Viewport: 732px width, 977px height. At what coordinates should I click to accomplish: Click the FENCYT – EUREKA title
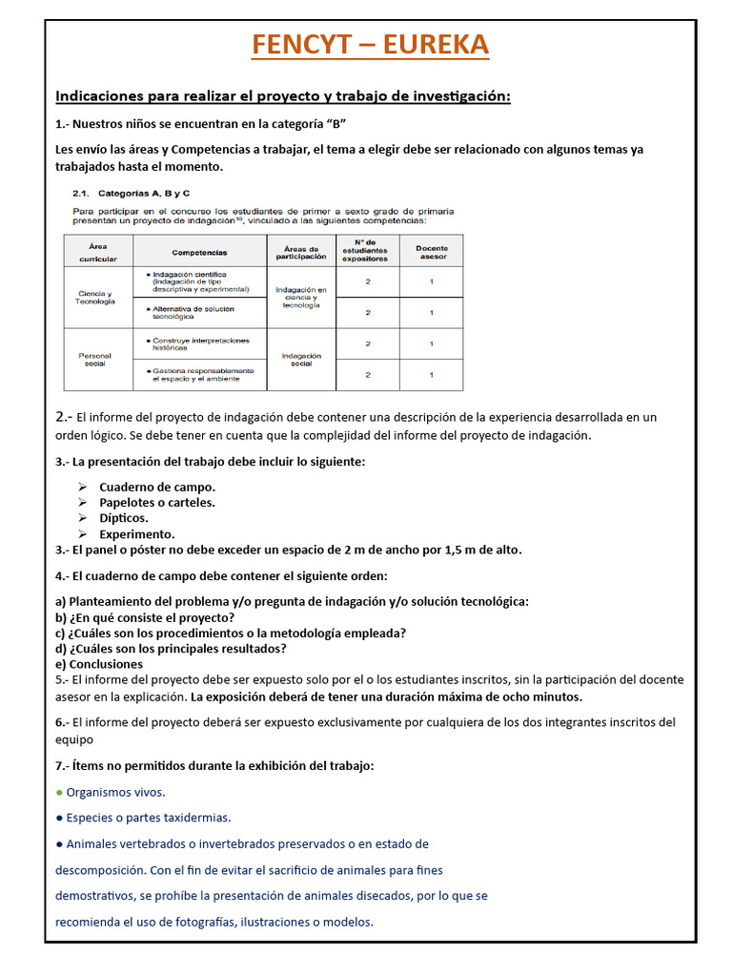(370, 44)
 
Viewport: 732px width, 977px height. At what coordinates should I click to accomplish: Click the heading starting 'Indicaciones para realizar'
(283, 96)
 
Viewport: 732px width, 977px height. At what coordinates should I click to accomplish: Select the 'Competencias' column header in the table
(199, 252)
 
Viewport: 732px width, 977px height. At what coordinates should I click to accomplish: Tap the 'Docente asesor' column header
(431, 252)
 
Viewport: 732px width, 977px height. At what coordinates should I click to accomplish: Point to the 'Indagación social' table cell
(301, 359)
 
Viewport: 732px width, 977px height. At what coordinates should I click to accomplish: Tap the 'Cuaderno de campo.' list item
(157, 487)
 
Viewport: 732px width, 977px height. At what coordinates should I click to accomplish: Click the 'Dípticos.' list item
(124, 518)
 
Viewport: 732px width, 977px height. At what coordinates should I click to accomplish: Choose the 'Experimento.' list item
(137, 534)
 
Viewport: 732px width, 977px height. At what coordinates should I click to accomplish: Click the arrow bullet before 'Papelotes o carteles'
(83, 503)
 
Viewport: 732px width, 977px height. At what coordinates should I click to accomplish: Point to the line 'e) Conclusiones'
(99, 664)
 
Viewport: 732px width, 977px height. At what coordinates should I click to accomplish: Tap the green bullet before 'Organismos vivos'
(59, 792)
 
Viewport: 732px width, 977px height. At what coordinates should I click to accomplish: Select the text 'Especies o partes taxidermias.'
(149, 818)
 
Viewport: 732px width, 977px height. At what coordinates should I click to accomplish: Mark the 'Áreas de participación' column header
(301, 252)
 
